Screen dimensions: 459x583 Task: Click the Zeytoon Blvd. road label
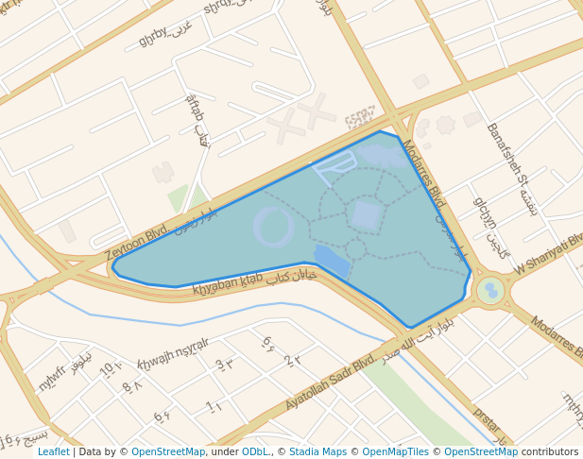pos(138,240)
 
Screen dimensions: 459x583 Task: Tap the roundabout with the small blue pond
pos(490,290)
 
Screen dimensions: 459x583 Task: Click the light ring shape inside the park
pos(274,227)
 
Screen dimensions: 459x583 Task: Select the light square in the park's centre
pos(366,216)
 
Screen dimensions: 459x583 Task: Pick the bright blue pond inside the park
pos(332,260)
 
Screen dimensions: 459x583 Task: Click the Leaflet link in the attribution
pos(53,451)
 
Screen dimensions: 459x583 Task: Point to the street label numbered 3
pos(223,365)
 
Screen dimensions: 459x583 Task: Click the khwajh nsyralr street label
pos(173,351)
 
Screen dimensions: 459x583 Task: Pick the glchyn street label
pos(486,213)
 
